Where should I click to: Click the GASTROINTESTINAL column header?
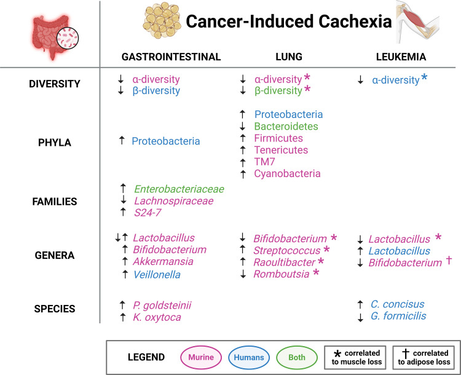tap(171, 57)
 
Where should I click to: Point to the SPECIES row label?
tap(54, 310)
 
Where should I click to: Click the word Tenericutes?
tap(281, 150)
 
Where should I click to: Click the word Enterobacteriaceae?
tap(179, 189)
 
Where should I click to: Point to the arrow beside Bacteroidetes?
tap(243, 126)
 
